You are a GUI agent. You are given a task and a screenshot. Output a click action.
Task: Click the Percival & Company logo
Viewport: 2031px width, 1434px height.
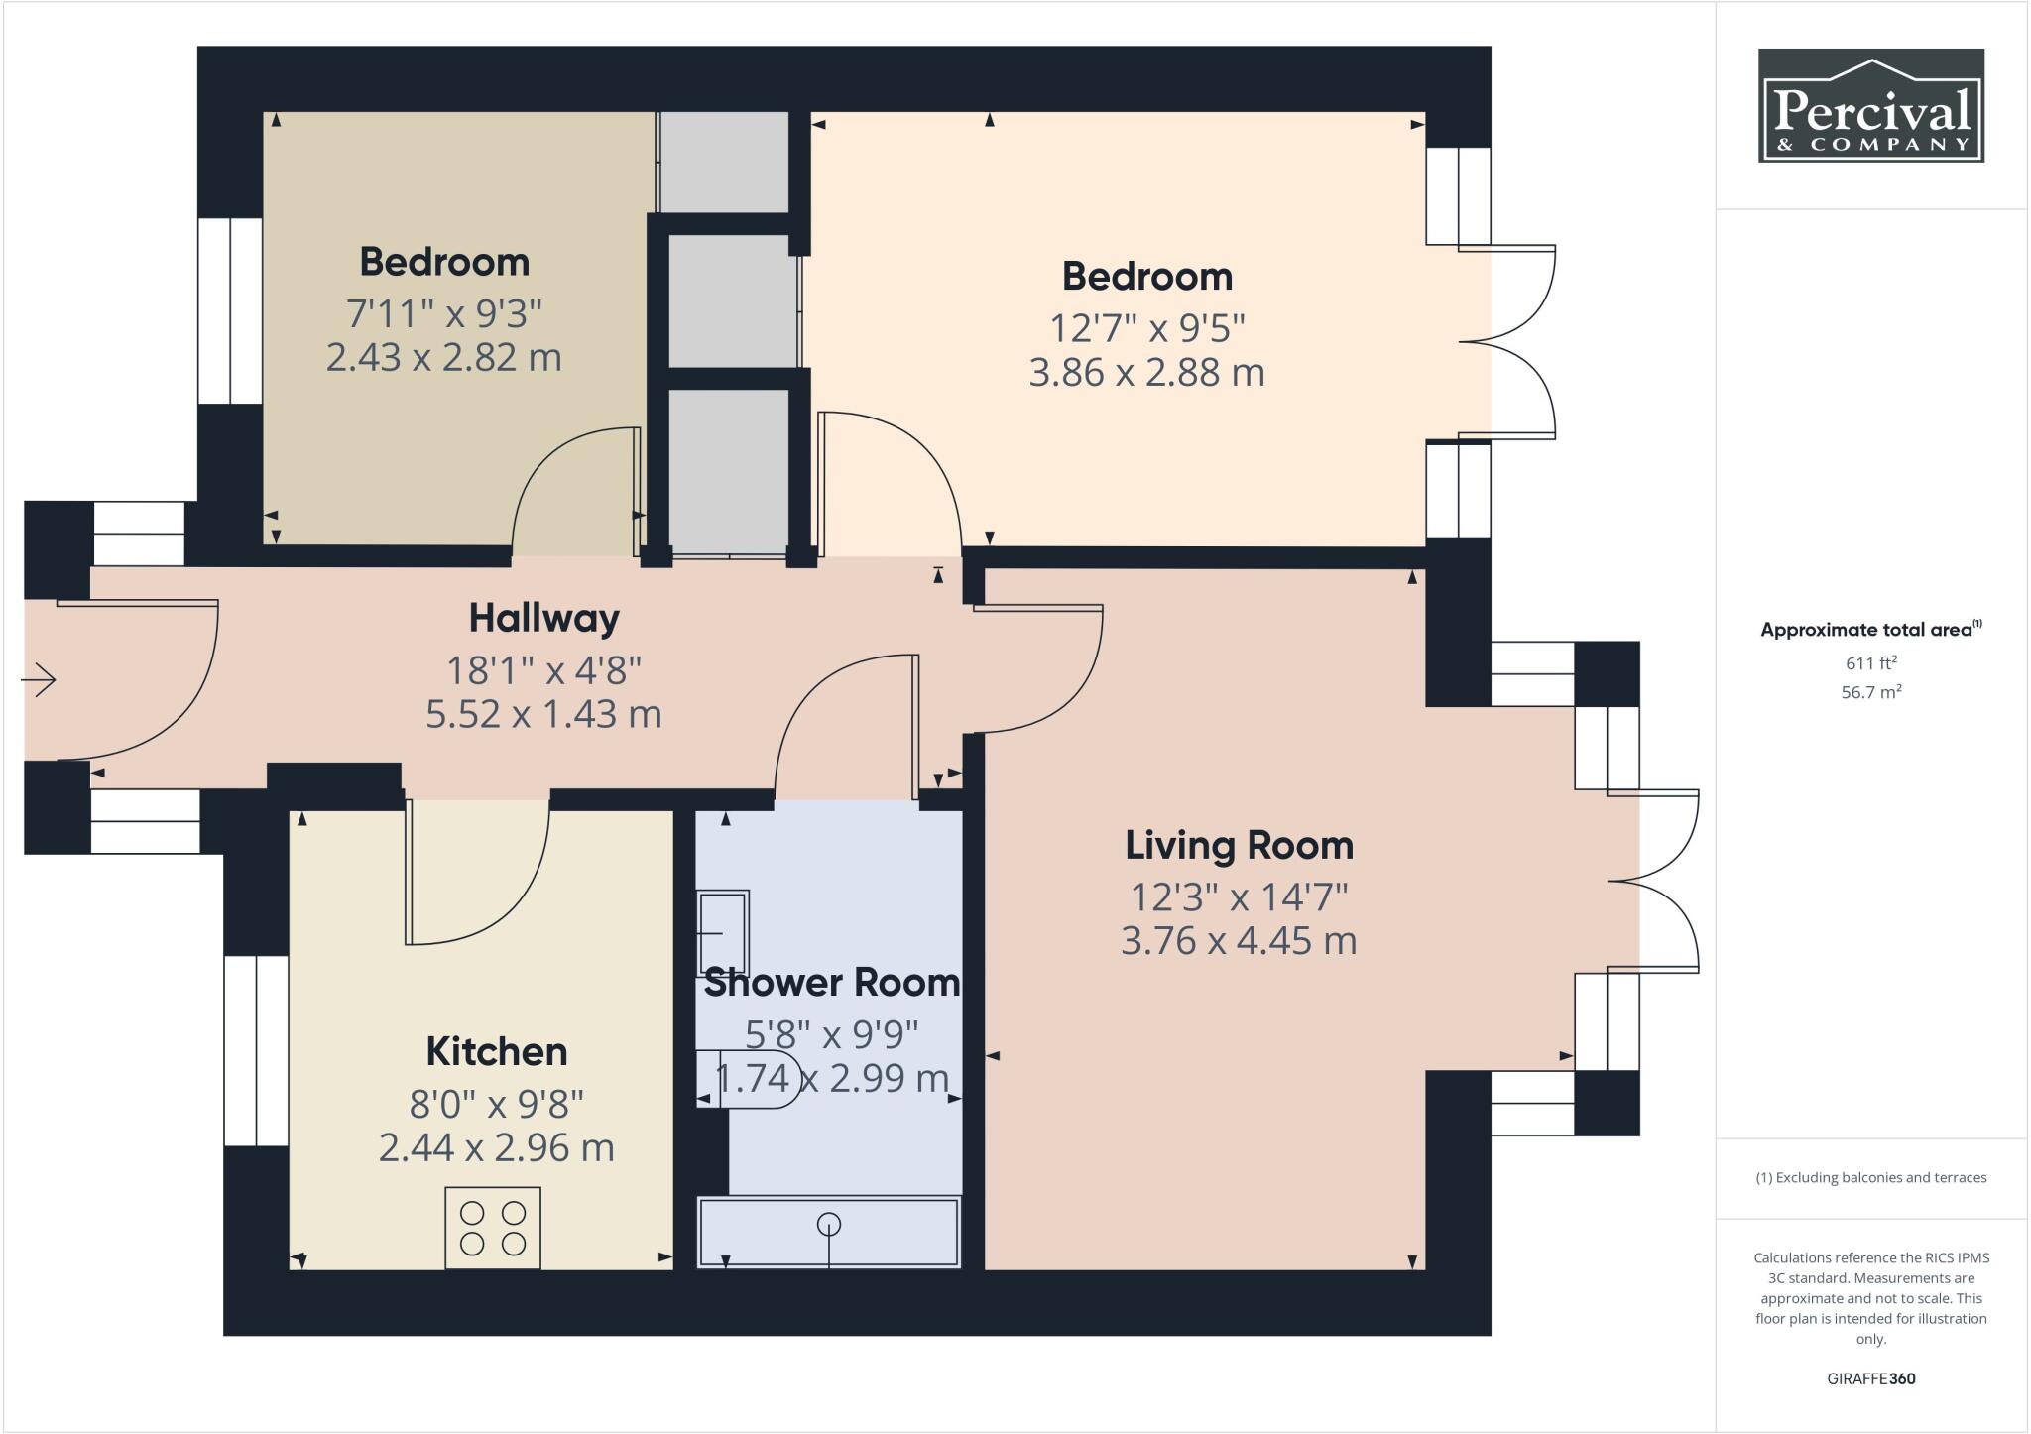(x=1870, y=105)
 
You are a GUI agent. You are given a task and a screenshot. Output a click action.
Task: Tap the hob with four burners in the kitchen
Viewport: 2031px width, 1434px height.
(x=493, y=1228)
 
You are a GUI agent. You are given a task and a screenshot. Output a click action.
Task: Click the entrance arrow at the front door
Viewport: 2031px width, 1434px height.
(x=39, y=680)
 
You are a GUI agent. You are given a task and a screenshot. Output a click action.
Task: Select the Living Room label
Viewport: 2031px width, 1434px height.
(x=1239, y=846)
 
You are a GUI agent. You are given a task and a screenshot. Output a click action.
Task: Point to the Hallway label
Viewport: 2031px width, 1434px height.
(x=543, y=618)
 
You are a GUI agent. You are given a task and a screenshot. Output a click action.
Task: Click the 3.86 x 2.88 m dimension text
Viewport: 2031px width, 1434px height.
(x=1146, y=373)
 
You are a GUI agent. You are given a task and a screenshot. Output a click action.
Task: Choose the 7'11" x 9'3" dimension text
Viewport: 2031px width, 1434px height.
(x=443, y=314)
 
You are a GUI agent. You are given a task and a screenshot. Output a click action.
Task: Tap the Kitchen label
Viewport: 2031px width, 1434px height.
(x=496, y=1051)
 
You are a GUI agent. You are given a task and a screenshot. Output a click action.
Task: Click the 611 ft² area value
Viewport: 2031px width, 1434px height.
(x=1870, y=663)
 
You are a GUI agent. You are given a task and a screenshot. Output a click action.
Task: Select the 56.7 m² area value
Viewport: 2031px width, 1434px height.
(x=1870, y=692)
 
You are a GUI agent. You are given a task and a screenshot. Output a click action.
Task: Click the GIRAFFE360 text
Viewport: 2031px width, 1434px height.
(x=1870, y=1378)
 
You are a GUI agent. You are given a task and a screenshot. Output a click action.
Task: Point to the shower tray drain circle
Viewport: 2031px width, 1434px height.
(x=828, y=1225)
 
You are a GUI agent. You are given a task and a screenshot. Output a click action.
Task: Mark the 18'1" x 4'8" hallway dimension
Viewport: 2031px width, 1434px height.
(x=543, y=670)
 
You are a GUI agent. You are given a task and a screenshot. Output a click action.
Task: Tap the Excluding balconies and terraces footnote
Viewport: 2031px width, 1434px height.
(x=1870, y=1178)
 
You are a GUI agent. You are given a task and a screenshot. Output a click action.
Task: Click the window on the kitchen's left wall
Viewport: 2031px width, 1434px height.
(x=256, y=1050)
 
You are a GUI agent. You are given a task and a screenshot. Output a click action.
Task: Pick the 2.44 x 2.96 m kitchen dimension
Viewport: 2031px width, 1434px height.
(x=496, y=1147)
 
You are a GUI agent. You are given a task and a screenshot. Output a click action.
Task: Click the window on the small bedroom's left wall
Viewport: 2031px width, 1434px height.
(x=230, y=310)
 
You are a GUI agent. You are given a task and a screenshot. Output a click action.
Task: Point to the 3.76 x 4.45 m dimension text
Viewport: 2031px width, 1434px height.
(x=1239, y=940)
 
